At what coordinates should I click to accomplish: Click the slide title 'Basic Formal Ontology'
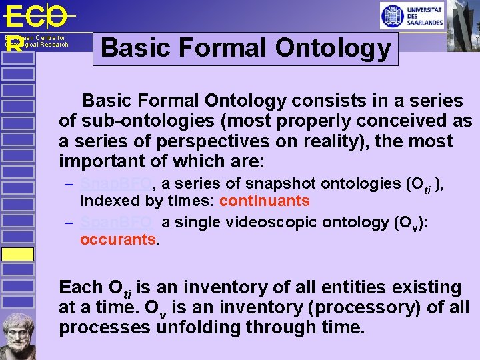pyautogui.click(x=245, y=48)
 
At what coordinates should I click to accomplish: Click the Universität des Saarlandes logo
pyautogui.click(x=411, y=15)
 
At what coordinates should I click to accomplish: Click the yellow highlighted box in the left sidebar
pyautogui.click(x=17, y=253)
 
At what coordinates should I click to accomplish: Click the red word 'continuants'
pyautogui.click(x=264, y=201)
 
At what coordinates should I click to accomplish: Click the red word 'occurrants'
pyautogui.click(x=117, y=239)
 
